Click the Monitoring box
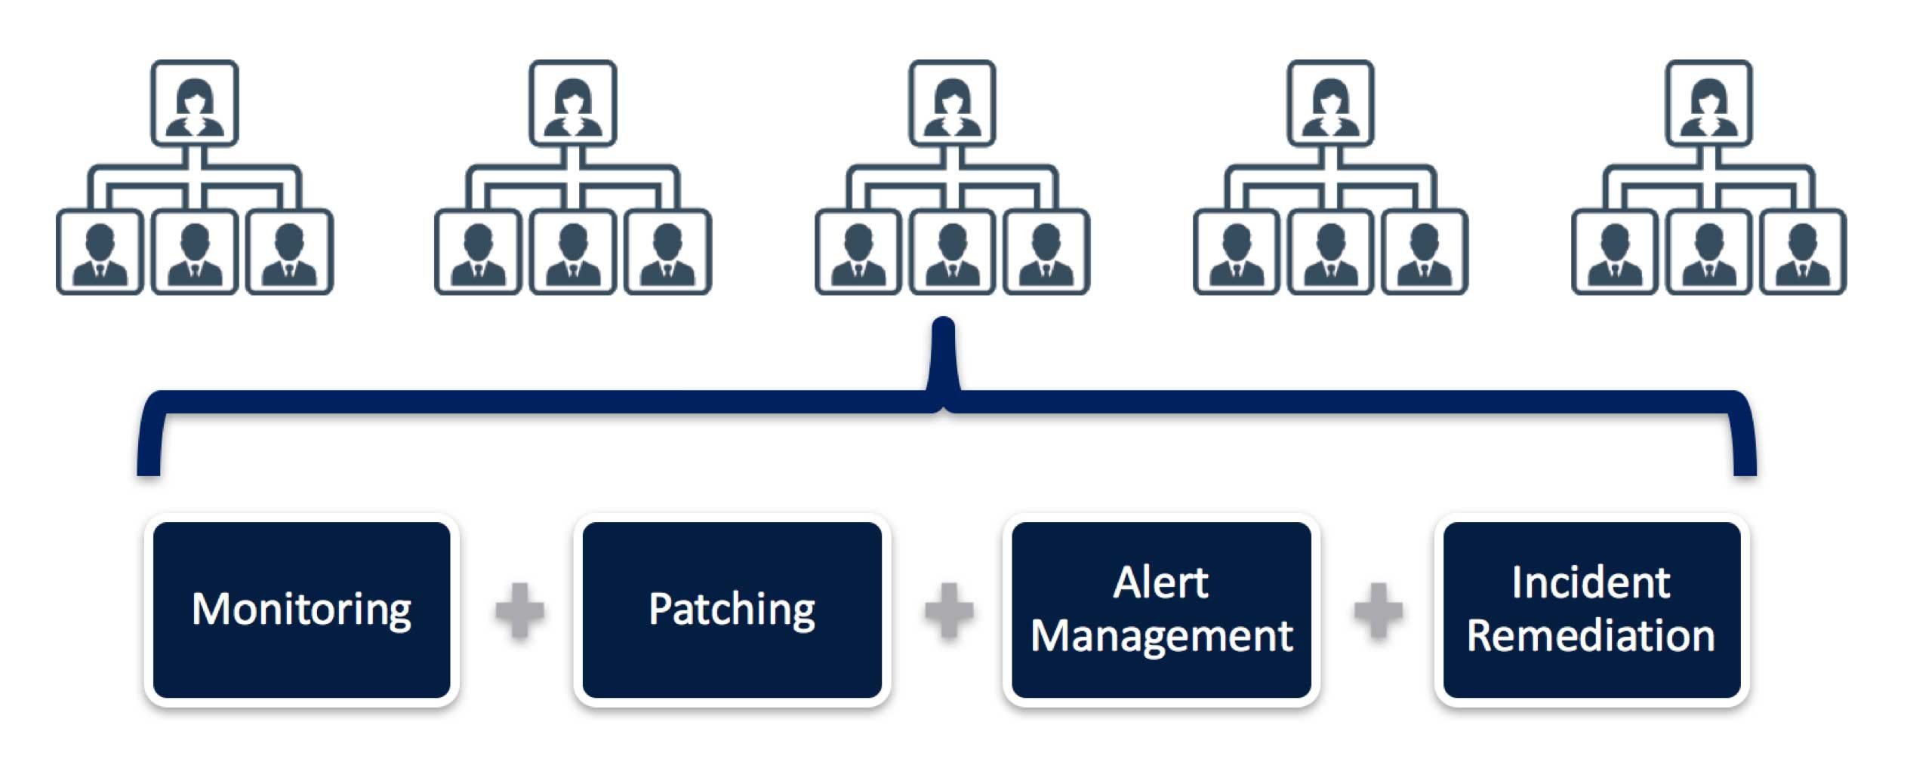[301, 610]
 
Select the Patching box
[732, 610]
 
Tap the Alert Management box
[1161, 610]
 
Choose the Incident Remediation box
[1591, 610]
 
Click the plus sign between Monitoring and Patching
[519, 610]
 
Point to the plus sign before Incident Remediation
[1378, 610]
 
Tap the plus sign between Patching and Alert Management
[949, 610]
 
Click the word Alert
[1161, 582]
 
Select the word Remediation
[1591, 635]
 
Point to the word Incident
[1591, 582]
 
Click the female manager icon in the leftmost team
[195, 103]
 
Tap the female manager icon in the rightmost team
[1709, 103]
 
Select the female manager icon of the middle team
[952, 103]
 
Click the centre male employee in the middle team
[952, 252]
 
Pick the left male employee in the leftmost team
[100, 252]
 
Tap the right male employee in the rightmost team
[1804, 252]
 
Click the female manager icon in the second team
[573, 103]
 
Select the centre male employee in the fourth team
[1330, 252]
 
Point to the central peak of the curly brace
[944, 321]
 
